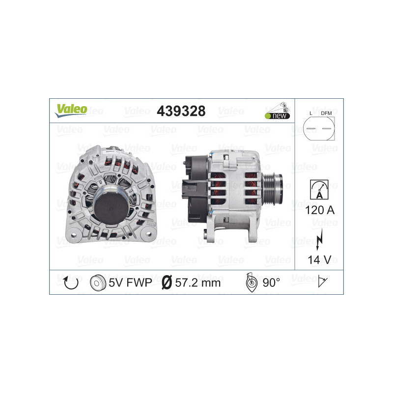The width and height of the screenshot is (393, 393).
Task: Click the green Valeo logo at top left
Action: pos(71,110)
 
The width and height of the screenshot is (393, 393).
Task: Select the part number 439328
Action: pos(180,111)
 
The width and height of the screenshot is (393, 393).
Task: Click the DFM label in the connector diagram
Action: pos(326,113)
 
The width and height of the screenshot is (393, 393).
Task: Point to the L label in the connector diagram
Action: pos(310,113)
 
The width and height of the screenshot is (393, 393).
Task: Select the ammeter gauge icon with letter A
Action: pos(319,189)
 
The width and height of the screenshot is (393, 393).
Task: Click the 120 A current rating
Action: pos(319,210)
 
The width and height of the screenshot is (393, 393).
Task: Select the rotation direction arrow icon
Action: pos(71,282)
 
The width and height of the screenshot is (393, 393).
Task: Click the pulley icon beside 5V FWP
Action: pos(98,282)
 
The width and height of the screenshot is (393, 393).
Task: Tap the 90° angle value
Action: pos(271,282)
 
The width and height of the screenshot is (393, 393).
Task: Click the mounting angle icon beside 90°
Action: pos(250,282)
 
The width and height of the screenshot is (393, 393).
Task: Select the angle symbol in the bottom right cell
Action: pos(322,282)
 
